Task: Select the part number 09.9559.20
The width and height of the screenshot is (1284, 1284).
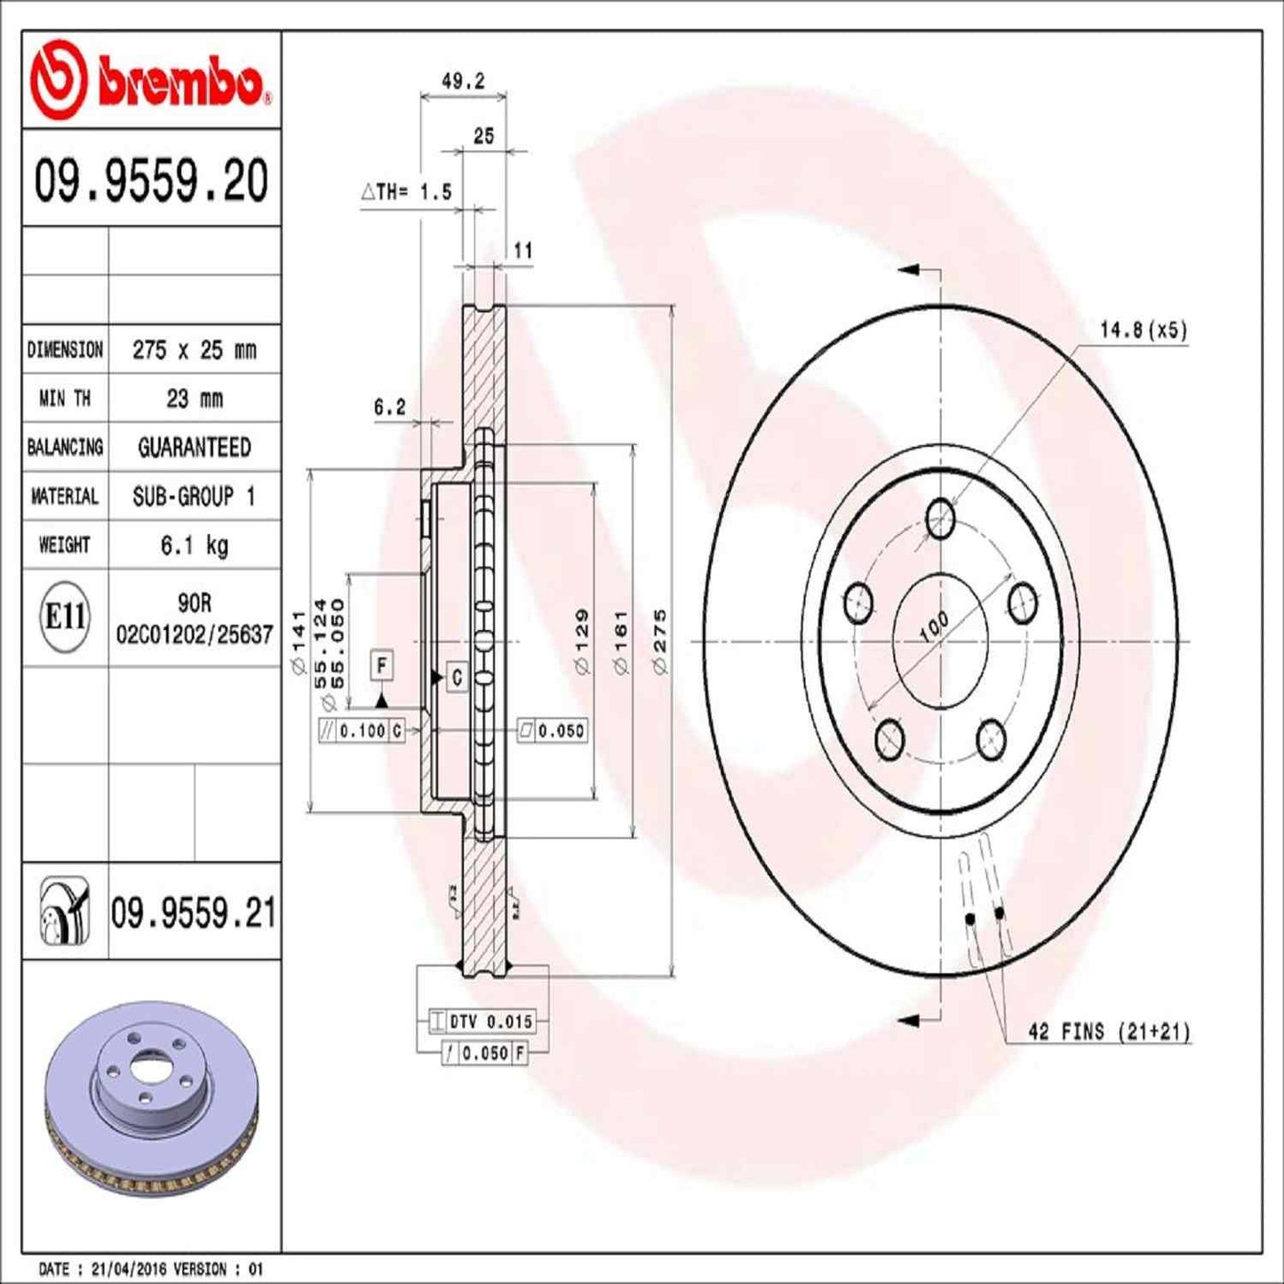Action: pyautogui.click(x=151, y=180)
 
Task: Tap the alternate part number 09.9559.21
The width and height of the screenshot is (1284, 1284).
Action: pyautogui.click(x=193, y=913)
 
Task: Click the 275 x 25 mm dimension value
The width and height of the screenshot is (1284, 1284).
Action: pyautogui.click(x=194, y=350)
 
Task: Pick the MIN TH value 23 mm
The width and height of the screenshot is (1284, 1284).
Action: pyautogui.click(x=194, y=399)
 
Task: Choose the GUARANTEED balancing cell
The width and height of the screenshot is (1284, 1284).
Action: pyautogui.click(x=194, y=448)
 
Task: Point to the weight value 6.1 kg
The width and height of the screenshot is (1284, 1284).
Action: pyautogui.click(x=194, y=545)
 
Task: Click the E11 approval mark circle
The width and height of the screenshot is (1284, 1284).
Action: pyautogui.click(x=65, y=617)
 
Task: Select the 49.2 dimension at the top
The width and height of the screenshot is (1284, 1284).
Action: pyautogui.click(x=463, y=81)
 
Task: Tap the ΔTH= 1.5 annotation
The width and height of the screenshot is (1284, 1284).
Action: pyautogui.click(x=407, y=192)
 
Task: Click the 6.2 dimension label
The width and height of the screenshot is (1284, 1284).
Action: pyautogui.click(x=389, y=407)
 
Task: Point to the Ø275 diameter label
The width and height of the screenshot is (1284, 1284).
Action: pyautogui.click(x=660, y=641)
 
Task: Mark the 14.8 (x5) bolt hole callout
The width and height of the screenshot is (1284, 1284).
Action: pyautogui.click(x=1143, y=331)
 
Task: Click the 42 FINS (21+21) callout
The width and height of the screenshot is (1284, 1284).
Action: pyautogui.click(x=1108, y=1032)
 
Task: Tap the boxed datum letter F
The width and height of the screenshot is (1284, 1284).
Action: pyautogui.click(x=381, y=665)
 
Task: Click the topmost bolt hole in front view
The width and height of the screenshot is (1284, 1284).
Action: pyautogui.click(x=940, y=519)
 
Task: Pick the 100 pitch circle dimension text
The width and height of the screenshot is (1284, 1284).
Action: pyautogui.click(x=934, y=627)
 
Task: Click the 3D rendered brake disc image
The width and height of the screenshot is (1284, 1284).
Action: pyautogui.click(x=151, y=1102)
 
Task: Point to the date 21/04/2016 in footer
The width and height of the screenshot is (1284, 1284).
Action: pyautogui.click(x=124, y=1269)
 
